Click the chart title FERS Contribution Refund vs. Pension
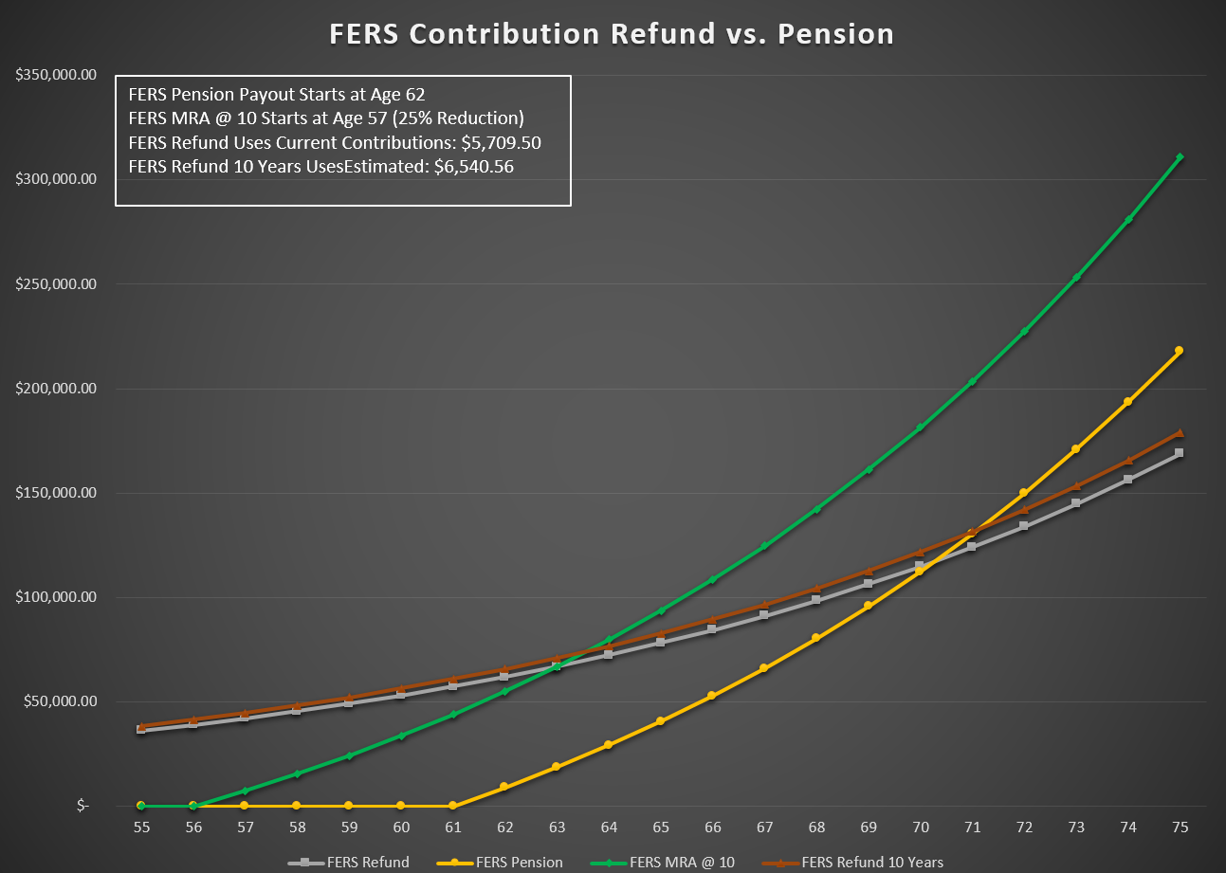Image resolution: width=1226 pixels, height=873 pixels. click(612, 34)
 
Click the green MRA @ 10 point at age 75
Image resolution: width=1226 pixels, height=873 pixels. click(1179, 157)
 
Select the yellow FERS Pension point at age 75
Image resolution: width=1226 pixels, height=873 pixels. click(1179, 351)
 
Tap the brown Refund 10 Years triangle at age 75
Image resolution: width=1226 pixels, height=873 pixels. click(1179, 432)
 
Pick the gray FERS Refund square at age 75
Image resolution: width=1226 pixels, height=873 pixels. click(1179, 453)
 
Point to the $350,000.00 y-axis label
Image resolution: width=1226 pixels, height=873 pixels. click(56, 75)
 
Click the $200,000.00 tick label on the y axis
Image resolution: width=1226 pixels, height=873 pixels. click(56, 389)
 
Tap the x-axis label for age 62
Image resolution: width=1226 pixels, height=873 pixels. click(504, 828)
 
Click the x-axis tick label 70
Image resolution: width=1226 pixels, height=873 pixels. click(920, 828)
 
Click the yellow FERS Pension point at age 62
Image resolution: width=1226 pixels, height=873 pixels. click(504, 787)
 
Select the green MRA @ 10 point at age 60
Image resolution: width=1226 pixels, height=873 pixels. click(401, 736)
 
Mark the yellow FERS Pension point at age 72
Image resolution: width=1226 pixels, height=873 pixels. click(1023, 493)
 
